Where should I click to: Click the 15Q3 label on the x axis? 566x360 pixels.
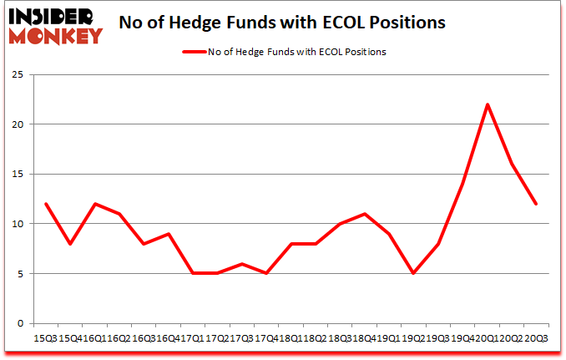46,339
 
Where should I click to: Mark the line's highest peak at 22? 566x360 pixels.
487,104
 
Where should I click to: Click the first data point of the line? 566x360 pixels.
46,204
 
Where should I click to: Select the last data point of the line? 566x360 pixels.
535,204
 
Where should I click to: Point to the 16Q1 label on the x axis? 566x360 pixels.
94,339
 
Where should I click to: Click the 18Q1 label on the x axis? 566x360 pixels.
291,339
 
